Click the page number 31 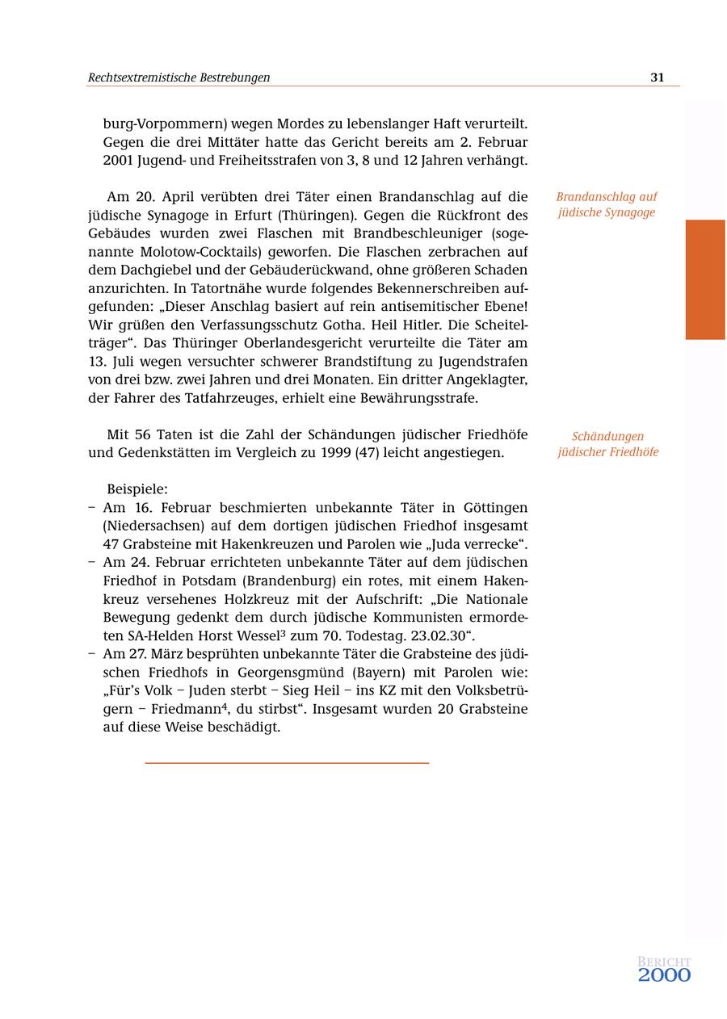click(657, 78)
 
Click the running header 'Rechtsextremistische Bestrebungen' click(179, 78)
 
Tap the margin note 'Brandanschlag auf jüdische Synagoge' click(607, 204)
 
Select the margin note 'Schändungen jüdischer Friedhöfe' click(607, 444)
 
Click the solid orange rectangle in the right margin click(705, 279)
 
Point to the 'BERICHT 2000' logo click(664, 970)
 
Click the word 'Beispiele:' click(137, 489)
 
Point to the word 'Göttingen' click(495, 508)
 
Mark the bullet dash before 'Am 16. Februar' click(92, 508)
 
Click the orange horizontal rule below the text click(287, 762)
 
